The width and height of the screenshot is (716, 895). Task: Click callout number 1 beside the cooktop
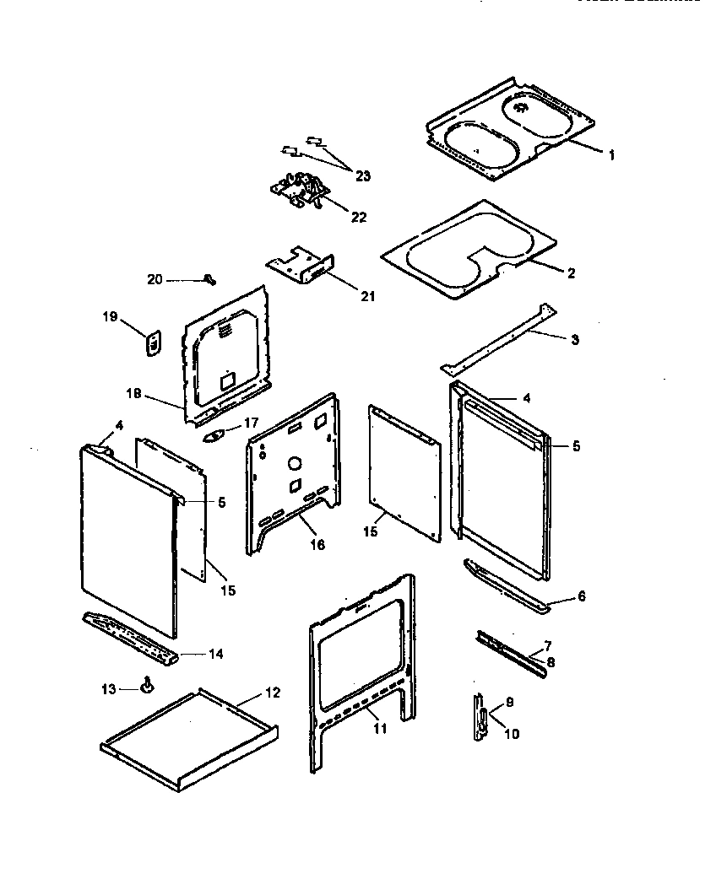tap(611, 154)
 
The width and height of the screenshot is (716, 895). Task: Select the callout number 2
tap(571, 272)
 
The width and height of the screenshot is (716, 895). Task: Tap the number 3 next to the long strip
tap(574, 339)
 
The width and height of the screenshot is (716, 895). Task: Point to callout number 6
tap(580, 596)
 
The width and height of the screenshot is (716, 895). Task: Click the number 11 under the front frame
tap(380, 728)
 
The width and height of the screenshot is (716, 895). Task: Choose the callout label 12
tap(271, 693)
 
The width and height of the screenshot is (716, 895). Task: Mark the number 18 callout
tap(134, 394)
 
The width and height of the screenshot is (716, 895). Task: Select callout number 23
tap(362, 175)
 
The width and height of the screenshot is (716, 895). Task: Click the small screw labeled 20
tap(209, 279)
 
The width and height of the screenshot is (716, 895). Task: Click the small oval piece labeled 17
tap(215, 436)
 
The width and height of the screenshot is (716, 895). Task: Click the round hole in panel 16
tap(295, 463)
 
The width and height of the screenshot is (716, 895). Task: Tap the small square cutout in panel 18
tap(227, 380)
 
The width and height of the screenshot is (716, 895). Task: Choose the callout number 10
tap(512, 734)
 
